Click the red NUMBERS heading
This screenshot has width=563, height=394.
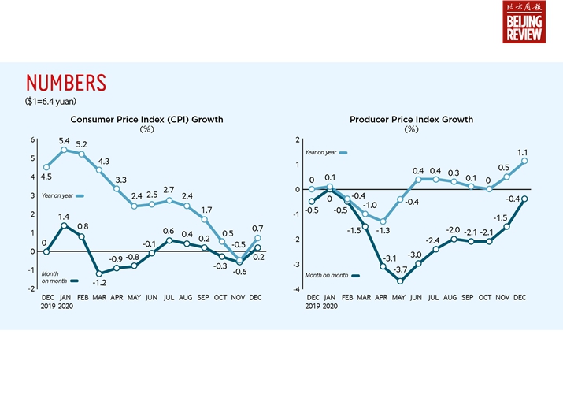pyautogui.click(x=65, y=84)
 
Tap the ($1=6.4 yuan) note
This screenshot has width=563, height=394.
pyautogui.click(x=50, y=101)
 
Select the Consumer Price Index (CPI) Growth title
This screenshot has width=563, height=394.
pyautogui.click(x=147, y=120)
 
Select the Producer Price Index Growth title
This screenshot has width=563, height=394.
pyautogui.click(x=411, y=120)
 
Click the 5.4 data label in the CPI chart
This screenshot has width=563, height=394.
pyautogui.click(x=65, y=141)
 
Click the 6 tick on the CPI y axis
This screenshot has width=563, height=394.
pyautogui.click(x=32, y=140)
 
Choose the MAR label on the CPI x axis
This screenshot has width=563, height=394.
pyautogui.click(x=100, y=298)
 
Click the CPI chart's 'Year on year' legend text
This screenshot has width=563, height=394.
pyautogui.click(x=52, y=195)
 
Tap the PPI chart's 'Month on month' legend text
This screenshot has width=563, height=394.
pyautogui.click(x=327, y=275)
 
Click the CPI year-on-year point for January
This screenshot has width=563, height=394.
pyautogui.click(x=65, y=149)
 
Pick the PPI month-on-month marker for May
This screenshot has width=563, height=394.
pyautogui.click(x=401, y=281)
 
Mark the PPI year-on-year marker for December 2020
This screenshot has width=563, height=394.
pyautogui.click(x=524, y=161)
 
